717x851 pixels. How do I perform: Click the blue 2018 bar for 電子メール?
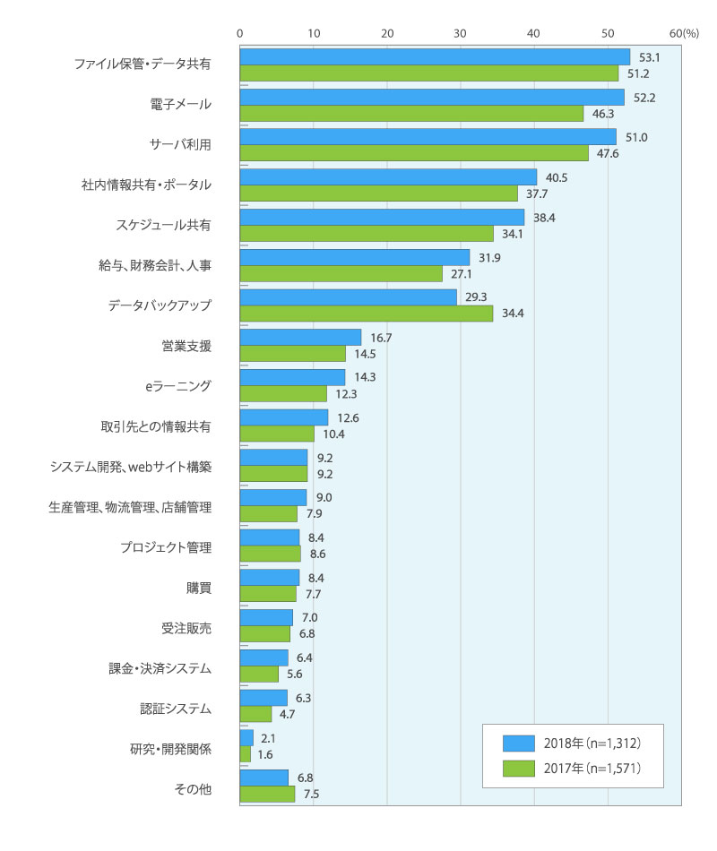pyautogui.click(x=432, y=97)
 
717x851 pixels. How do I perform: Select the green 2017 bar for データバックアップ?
pyautogui.click(x=366, y=314)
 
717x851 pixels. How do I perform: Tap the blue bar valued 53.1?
pyautogui.click(x=435, y=56)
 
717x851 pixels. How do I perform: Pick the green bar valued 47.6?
pyautogui.click(x=414, y=153)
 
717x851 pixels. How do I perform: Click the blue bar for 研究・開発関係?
pyautogui.click(x=246, y=738)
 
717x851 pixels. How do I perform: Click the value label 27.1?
pyautogui.click(x=462, y=273)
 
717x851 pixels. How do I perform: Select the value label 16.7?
pyautogui.click(x=379, y=338)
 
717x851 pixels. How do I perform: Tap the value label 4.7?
pyautogui.click(x=289, y=715)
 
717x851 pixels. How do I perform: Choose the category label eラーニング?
pyautogui.click(x=179, y=385)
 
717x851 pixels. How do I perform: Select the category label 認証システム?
pyautogui.click(x=177, y=708)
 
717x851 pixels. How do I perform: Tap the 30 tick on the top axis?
pyautogui.click(x=461, y=32)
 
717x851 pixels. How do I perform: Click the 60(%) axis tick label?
pyautogui.click(x=684, y=32)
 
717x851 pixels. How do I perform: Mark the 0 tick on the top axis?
pyautogui.click(x=240, y=32)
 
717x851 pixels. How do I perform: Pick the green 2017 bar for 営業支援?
pyautogui.click(x=292, y=354)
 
